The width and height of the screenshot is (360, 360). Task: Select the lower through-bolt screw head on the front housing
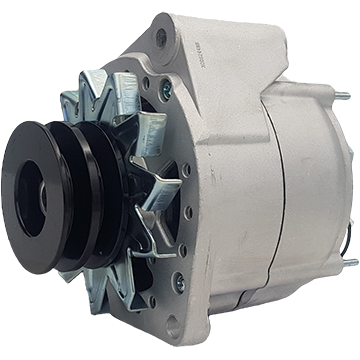[179, 284]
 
